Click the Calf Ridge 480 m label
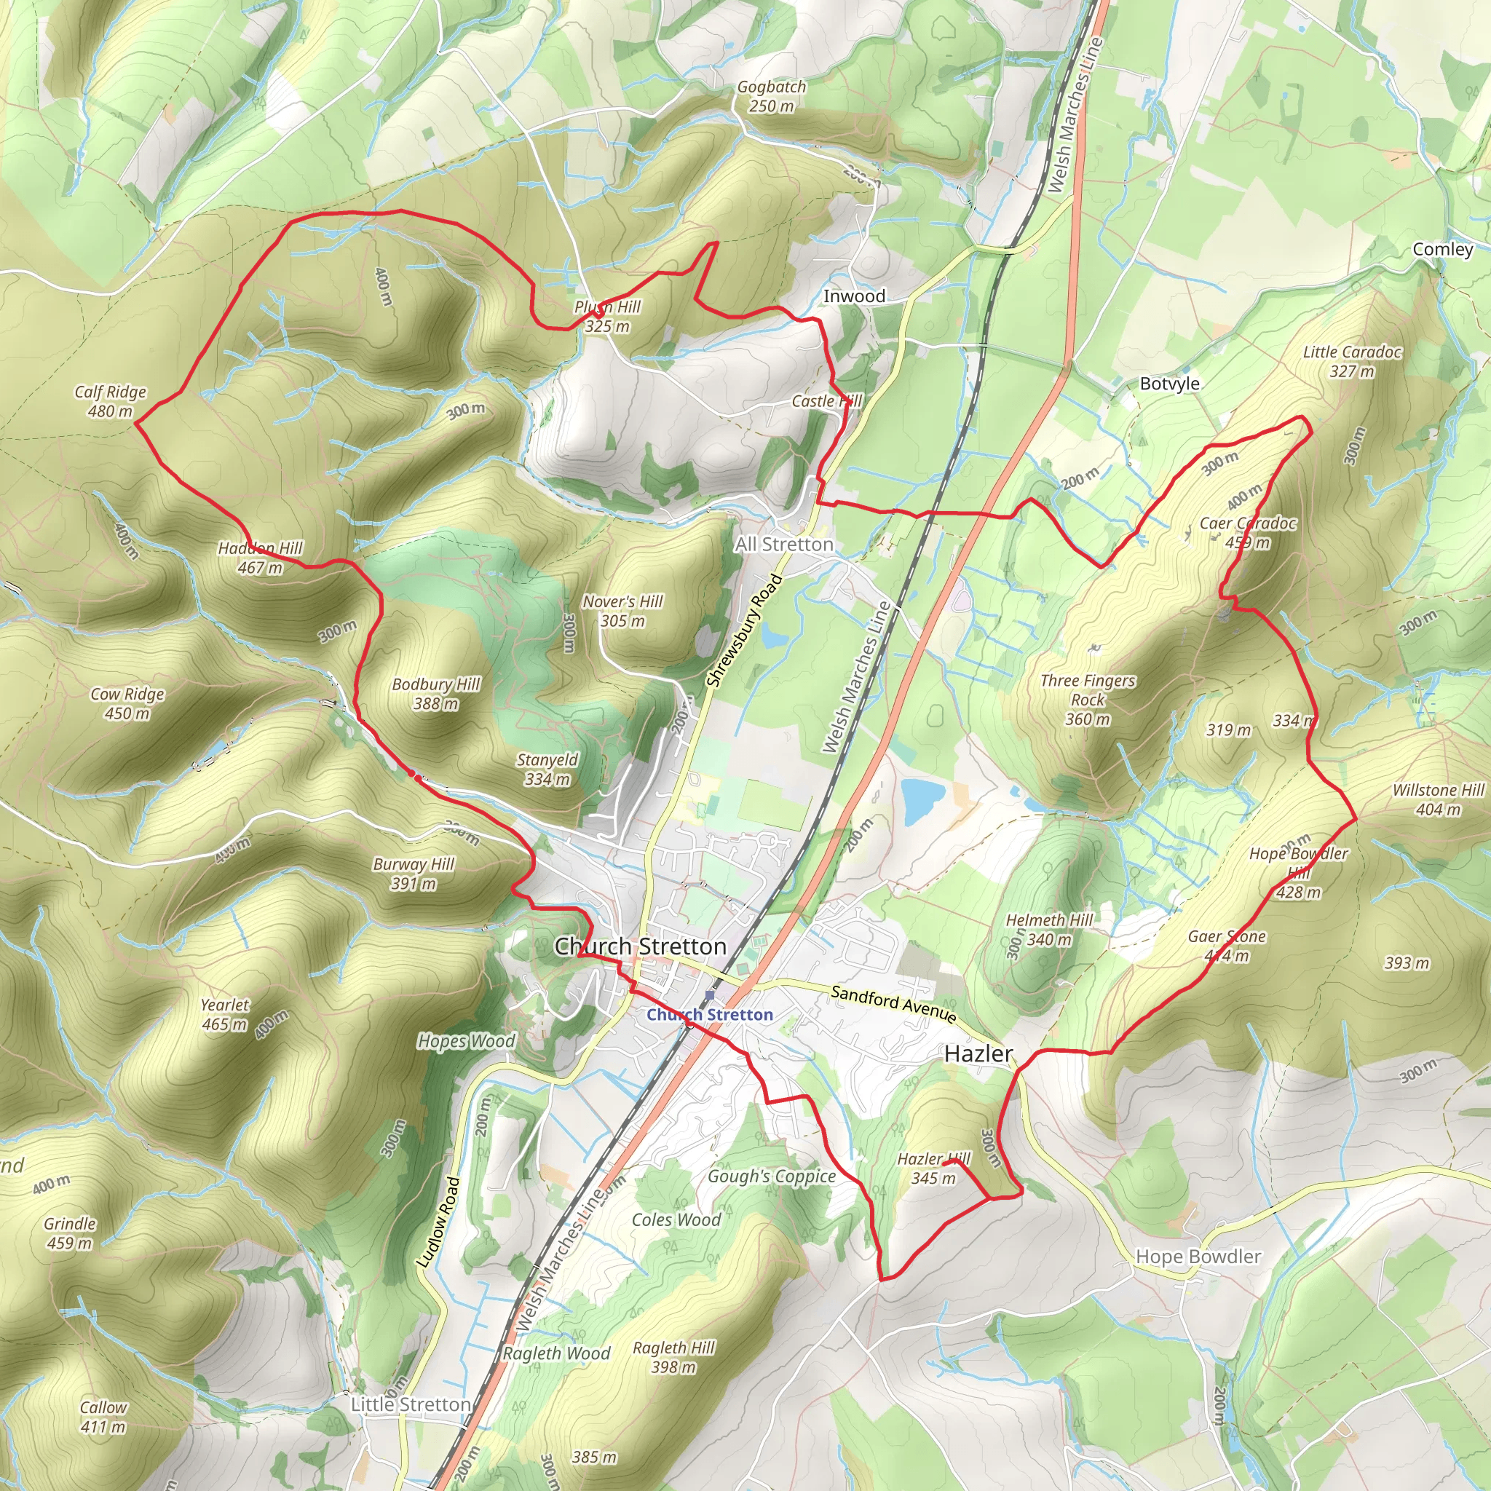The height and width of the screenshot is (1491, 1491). click(x=111, y=401)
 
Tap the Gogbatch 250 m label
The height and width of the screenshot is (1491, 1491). click(x=771, y=97)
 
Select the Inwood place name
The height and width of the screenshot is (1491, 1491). click(x=853, y=296)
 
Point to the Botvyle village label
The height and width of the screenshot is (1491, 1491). click(x=1169, y=384)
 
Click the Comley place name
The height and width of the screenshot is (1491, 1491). click(x=1442, y=249)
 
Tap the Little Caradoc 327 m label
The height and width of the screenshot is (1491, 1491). click(x=1352, y=361)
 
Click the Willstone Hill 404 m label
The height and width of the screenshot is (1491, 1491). click(x=1438, y=799)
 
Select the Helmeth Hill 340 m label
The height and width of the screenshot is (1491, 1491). click(x=1049, y=930)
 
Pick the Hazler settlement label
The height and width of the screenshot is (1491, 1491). click(x=978, y=1053)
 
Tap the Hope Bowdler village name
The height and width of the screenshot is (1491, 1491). click(x=1198, y=1257)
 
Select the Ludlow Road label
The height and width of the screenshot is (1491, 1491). click(x=438, y=1222)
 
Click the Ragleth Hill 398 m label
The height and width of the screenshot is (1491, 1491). click(x=673, y=1358)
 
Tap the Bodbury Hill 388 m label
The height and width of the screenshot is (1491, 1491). click(x=436, y=694)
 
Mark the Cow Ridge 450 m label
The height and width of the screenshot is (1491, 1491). click(x=127, y=703)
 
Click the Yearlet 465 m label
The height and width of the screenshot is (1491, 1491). click(x=224, y=1014)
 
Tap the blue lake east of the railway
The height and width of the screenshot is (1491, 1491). click(x=924, y=800)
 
